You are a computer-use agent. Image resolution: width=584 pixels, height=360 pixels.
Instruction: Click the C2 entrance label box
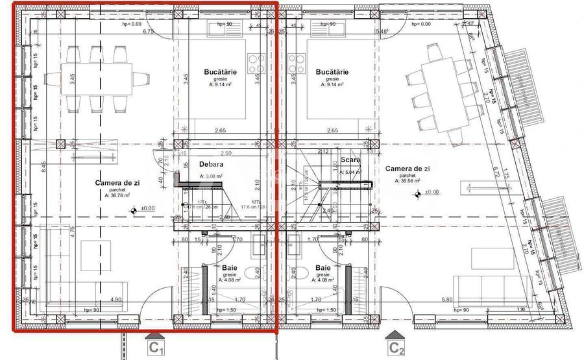pyautogui.click(x=397, y=348)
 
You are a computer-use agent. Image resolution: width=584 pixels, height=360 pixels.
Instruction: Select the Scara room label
pyautogui.click(x=351, y=160)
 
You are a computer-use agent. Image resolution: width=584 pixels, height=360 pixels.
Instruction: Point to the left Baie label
pyautogui.click(x=230, y=267)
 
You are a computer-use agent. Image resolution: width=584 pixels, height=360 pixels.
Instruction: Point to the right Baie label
pyautogui.click(x=323, y=267)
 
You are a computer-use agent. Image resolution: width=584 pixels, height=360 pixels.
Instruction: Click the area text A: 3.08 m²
pyautogui.click(x=212, y=176)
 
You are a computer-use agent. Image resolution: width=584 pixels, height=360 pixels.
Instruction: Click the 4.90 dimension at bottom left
pyautogui.click(x=115, y=299)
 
